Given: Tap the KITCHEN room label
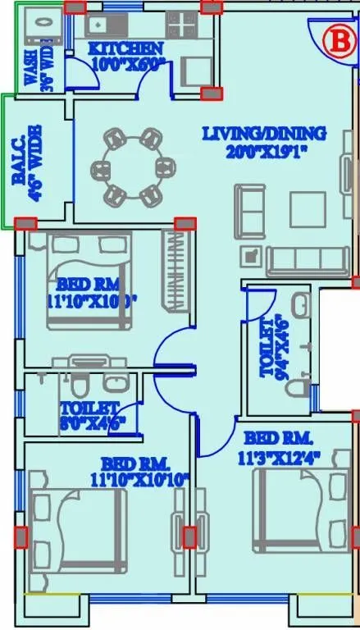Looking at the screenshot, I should coord(126,55).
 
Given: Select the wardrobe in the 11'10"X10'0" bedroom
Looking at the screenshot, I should coord(175,271).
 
